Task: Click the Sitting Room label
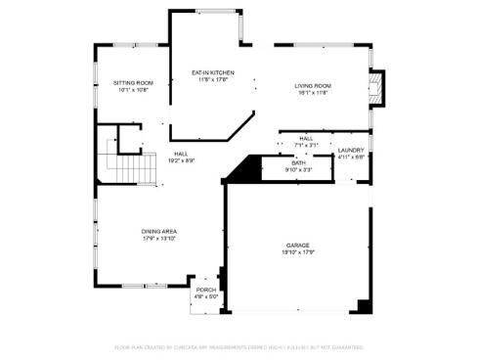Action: tap(132, 83)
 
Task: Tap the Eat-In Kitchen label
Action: tap(211, 73)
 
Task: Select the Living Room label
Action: tap(314, 86)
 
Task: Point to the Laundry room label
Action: tap(351, 150)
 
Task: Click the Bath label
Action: tap(298, 162)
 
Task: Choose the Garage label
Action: tap(297, 245)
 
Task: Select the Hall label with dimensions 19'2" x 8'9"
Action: tap(181, 153)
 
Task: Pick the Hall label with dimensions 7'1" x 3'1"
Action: tap(306, 139)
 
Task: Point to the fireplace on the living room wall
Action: tap(378, 88)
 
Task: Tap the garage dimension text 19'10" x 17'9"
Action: tap(297, 251)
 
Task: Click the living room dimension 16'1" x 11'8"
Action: tap(314, 93)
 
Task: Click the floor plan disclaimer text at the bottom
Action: tap(239, 346)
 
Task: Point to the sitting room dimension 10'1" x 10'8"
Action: tap(132, 90)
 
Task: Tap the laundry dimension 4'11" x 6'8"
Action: tap(351, 157)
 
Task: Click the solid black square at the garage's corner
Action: tap(365, 306)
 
